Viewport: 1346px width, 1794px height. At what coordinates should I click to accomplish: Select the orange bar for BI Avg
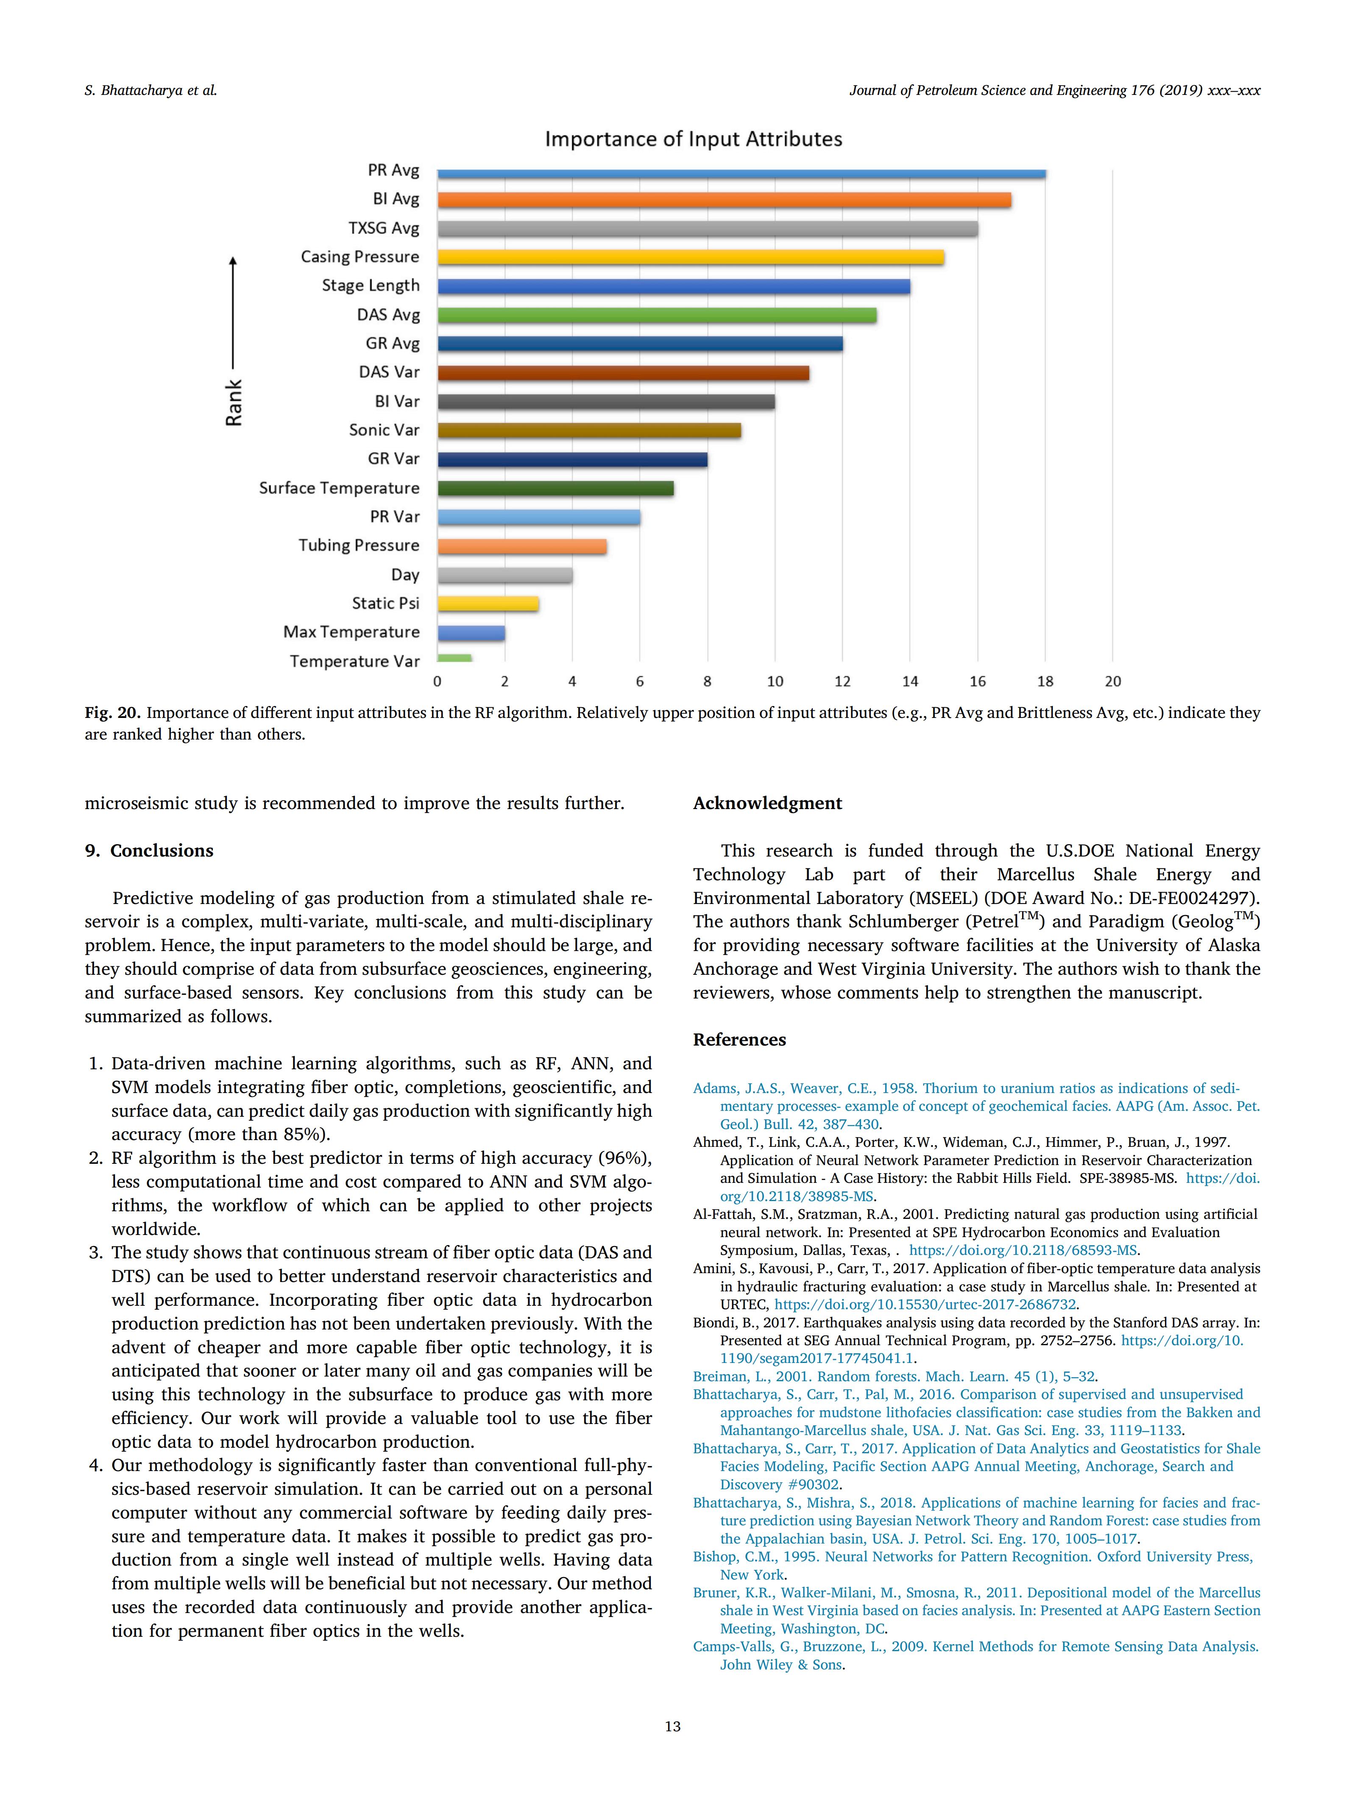pos(724,200)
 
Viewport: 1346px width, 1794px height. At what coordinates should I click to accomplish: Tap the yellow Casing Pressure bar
pos(691,257)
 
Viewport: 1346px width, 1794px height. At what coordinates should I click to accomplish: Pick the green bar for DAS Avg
pos(656,314)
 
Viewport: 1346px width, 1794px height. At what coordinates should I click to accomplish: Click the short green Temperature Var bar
pos(454,659)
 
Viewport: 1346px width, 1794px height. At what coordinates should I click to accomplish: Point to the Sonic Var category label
pos(384,430)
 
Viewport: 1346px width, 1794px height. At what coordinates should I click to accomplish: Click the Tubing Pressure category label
pos(359,545)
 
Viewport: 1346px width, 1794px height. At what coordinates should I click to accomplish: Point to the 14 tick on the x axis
pos(909,681)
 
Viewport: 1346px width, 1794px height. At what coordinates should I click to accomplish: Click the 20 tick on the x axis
pos(1112,681)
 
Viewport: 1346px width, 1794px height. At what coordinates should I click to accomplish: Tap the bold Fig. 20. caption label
pos(113,713)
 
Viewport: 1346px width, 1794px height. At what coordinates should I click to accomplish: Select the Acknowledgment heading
pos(767,803)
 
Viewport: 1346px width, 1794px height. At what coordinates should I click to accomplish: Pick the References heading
pos(739,1040)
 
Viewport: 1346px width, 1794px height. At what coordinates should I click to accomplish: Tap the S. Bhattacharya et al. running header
pos(151,91)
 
